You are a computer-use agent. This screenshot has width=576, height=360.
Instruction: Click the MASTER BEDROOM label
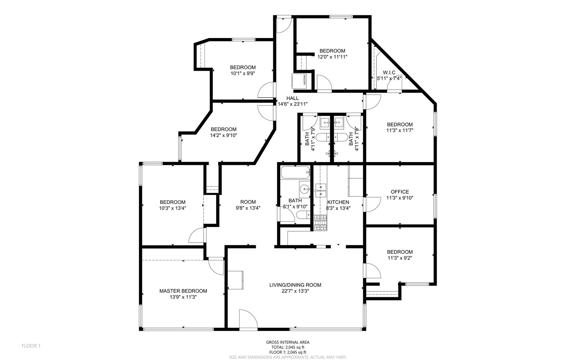(183, 291)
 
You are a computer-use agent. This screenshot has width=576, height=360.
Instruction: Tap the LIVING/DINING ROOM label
(295, 285)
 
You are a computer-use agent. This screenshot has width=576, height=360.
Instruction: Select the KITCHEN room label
(338, 202)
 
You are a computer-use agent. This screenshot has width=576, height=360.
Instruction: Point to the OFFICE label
(400, 192)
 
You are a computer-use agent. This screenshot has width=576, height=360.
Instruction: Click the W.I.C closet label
(389, 73)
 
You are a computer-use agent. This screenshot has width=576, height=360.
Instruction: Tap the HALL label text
(292, 98)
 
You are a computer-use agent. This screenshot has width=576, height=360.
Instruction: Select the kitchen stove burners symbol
(320, 223)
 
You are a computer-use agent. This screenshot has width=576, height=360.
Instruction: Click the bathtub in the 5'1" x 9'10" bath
(295, 173)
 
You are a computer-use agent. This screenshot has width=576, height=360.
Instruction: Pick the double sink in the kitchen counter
(320, 190)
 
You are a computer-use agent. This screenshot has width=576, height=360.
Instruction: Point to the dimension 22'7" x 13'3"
(295, 291)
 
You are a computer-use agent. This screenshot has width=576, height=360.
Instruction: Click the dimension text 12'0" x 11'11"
(332, 57)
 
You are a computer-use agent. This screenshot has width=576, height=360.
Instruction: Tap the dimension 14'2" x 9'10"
(224, 135)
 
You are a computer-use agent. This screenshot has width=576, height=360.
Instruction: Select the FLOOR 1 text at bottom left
(31, 346)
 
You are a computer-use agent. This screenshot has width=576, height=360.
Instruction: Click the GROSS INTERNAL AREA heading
(288, 342)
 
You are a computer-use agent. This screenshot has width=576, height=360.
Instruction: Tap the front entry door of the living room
(249, 319)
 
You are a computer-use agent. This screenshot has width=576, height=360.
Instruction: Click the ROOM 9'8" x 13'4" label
(248, 205)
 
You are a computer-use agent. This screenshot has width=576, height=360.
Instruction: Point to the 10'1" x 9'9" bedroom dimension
(243, 73)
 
